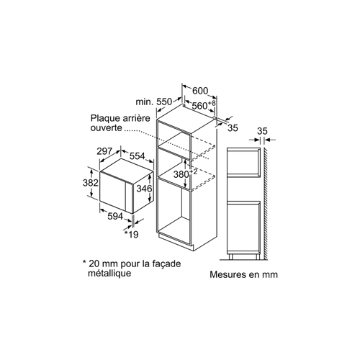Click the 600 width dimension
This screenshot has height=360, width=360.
200,91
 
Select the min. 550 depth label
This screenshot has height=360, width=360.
154,102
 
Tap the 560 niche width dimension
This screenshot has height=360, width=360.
199,106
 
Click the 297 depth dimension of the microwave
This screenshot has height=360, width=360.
104,151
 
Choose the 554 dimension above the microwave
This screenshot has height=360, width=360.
138,156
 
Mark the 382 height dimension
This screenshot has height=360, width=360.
91,183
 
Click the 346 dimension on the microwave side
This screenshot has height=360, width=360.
144,189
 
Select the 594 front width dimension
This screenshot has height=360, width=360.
115,217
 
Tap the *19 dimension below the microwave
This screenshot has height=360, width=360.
132,234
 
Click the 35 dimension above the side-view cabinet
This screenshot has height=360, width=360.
262,131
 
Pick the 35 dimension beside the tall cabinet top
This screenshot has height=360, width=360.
233,128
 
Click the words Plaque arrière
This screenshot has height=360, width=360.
120,118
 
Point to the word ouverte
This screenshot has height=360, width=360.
107,127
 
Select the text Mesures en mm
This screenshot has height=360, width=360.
244,274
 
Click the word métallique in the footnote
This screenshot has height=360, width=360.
109,273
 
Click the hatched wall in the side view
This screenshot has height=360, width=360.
266,204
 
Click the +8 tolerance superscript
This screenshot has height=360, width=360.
212,103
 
